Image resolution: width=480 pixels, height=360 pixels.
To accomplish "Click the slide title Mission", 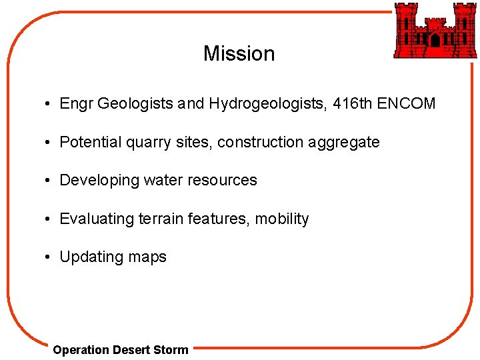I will click(x=239, y=53).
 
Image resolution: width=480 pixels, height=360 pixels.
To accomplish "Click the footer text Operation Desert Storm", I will click(x=121, y=349).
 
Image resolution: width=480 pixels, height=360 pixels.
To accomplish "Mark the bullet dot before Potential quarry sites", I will click(x=49, y=143).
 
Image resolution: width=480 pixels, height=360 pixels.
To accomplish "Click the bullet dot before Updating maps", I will click(x=49, y=257).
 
